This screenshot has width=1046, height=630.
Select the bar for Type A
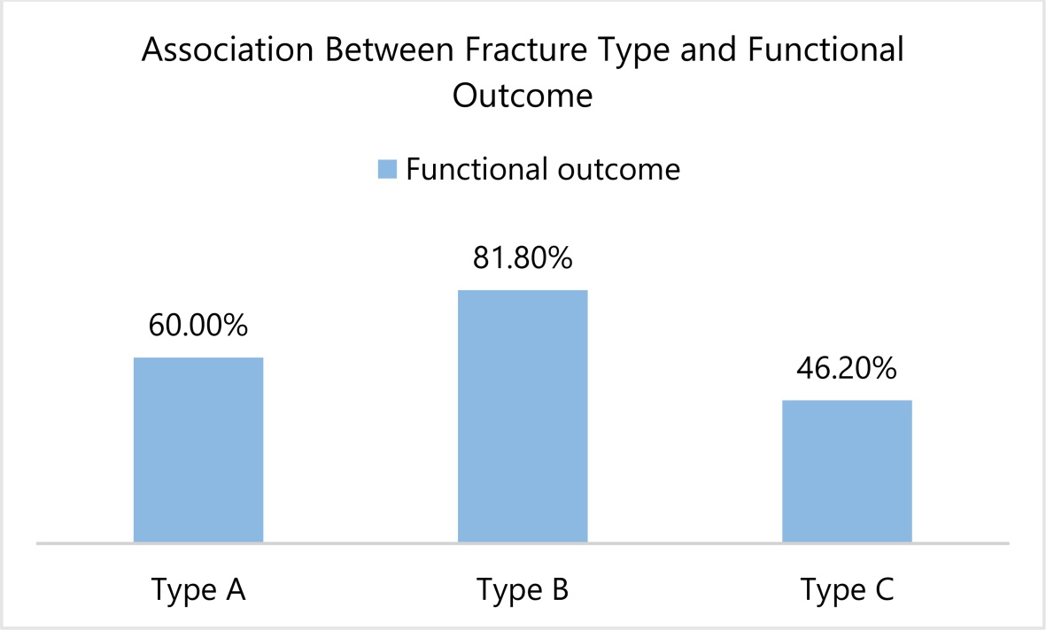[x=198, y=450]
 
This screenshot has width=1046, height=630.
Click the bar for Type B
[x=523, y=416]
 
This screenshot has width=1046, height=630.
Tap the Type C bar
[x=847, y=472]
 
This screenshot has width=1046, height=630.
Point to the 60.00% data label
[x=198, y=326]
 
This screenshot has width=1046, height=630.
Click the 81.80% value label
[x=523, y=258]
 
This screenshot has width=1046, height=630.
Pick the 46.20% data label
[x=847, y=368]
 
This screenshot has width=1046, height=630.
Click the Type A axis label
[x=198, y=590]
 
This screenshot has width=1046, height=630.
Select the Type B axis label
[x=523, y=590]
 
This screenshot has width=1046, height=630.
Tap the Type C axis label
[x=847, y=590]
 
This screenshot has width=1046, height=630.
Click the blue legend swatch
[x=387, y=169]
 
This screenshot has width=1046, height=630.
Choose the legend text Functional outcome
[x=543, y=169]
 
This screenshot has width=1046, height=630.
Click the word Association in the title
[x=228, y=50]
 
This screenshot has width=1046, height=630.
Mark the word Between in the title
[x=390, y=50]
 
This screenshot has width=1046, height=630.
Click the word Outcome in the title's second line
[x=523, y=96]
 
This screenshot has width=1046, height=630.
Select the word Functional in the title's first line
[x=825, y=50]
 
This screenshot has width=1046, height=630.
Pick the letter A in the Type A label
[x=235, y=588]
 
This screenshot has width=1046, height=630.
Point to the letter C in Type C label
[x=883, y=588]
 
